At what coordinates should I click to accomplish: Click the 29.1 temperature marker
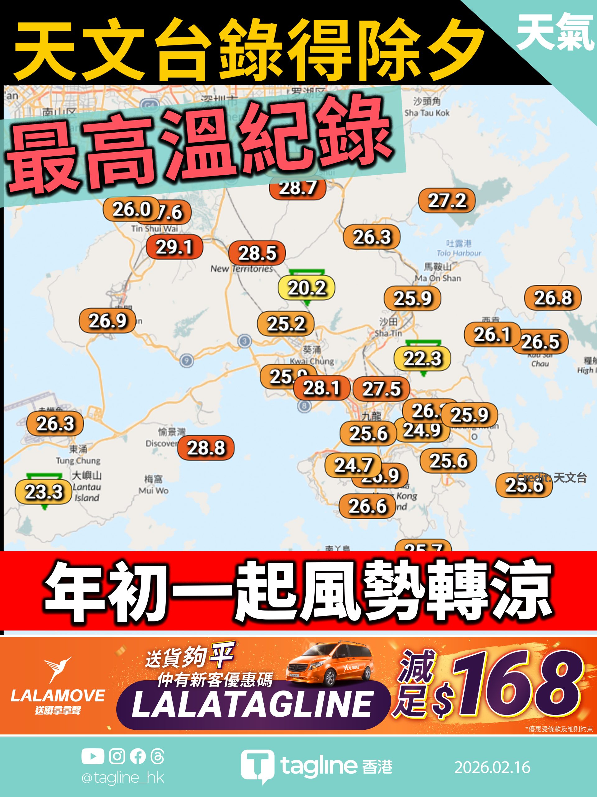tap(174, 247)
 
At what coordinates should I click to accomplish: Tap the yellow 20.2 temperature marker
tap(307, 288)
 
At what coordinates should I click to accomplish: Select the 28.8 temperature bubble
tap(206, 448)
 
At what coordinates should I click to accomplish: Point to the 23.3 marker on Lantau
tap(44, 492)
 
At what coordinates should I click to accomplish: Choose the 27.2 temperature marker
tap(447, 200)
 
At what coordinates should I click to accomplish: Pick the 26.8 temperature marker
tap(553, 298)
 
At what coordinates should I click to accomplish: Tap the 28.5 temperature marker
tap(257, 253)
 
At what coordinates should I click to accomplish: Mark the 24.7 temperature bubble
tap(353, 465)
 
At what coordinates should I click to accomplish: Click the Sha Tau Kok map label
tap(427, 107)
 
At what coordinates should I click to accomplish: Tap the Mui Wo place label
tap(154, 485)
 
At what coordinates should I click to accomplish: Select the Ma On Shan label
tap(438, 272)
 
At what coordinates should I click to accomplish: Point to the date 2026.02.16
tap(492, 767)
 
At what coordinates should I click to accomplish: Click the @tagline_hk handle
tap(123, 778)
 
